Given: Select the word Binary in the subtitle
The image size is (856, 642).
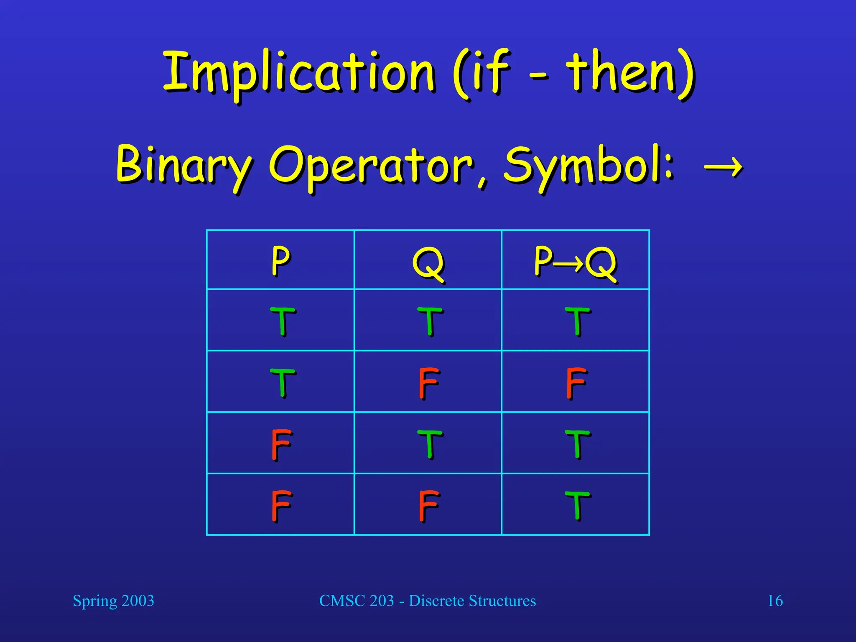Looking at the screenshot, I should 184,165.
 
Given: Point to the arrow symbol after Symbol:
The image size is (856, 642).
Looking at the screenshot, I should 723,167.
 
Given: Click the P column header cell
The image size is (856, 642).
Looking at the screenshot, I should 280,260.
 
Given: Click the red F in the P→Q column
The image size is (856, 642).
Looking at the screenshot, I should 576,382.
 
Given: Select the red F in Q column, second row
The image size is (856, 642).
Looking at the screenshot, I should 428,382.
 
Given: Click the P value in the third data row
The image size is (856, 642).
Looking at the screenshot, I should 281,444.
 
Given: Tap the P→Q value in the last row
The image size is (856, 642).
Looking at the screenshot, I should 577,505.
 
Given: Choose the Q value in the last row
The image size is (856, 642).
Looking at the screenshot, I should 428,505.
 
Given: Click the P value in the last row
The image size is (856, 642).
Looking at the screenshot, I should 281,505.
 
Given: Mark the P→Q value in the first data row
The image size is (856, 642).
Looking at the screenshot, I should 577,321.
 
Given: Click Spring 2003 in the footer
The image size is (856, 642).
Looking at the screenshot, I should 113,601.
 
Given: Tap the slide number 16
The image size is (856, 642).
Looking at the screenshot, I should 775,601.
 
